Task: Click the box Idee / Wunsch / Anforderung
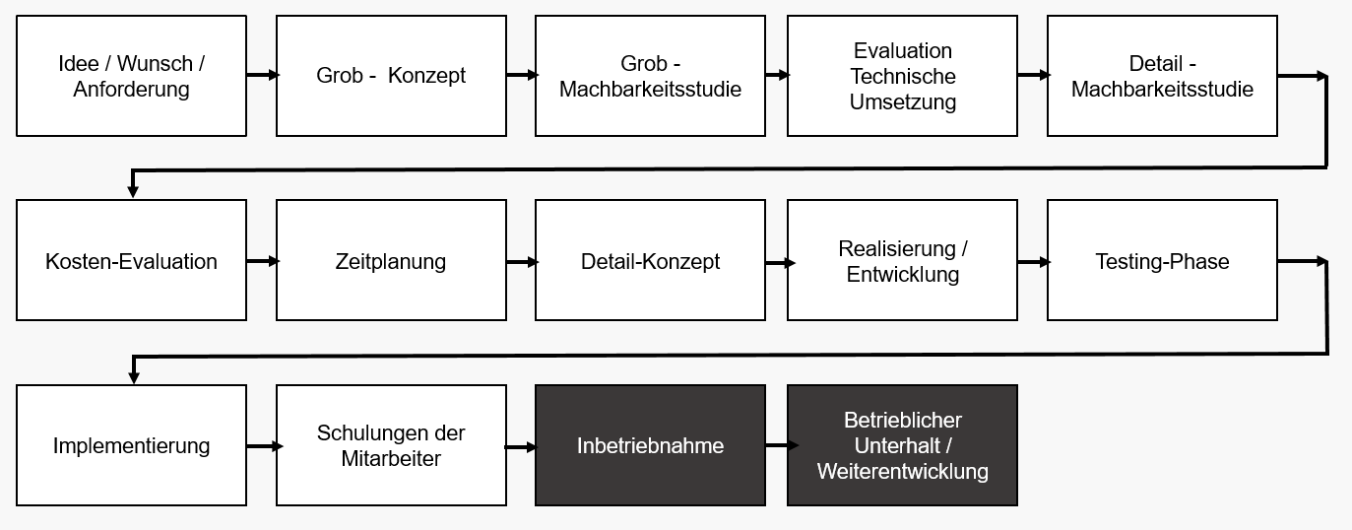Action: pos(131,76)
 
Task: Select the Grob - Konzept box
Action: pos(391,76)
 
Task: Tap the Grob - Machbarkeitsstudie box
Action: pos(650,76)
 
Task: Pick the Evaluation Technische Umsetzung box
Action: pos(902,76)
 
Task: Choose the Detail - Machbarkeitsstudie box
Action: pos(1162,76)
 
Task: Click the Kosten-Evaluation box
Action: pos(131,261)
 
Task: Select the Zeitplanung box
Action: pos(391,261)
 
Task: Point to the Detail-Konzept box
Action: pos(650,261)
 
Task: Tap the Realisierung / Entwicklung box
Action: pos(902,261)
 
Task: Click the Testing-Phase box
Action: pos(1162,261)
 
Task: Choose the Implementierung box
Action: pos(131,445)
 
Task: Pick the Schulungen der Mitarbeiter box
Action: pos(391,445)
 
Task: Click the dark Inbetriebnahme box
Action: pos(650,445)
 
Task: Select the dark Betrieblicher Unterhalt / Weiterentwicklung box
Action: pos(902,445)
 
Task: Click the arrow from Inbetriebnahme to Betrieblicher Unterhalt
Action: pos(778,446)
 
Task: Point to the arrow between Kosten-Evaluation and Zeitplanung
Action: pos(262,261)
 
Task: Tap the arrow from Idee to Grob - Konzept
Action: pos(262,75)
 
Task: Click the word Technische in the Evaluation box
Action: pos(903,76)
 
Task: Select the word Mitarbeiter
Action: pos(391,459)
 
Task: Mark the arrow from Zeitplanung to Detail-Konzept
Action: pos(522,261)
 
